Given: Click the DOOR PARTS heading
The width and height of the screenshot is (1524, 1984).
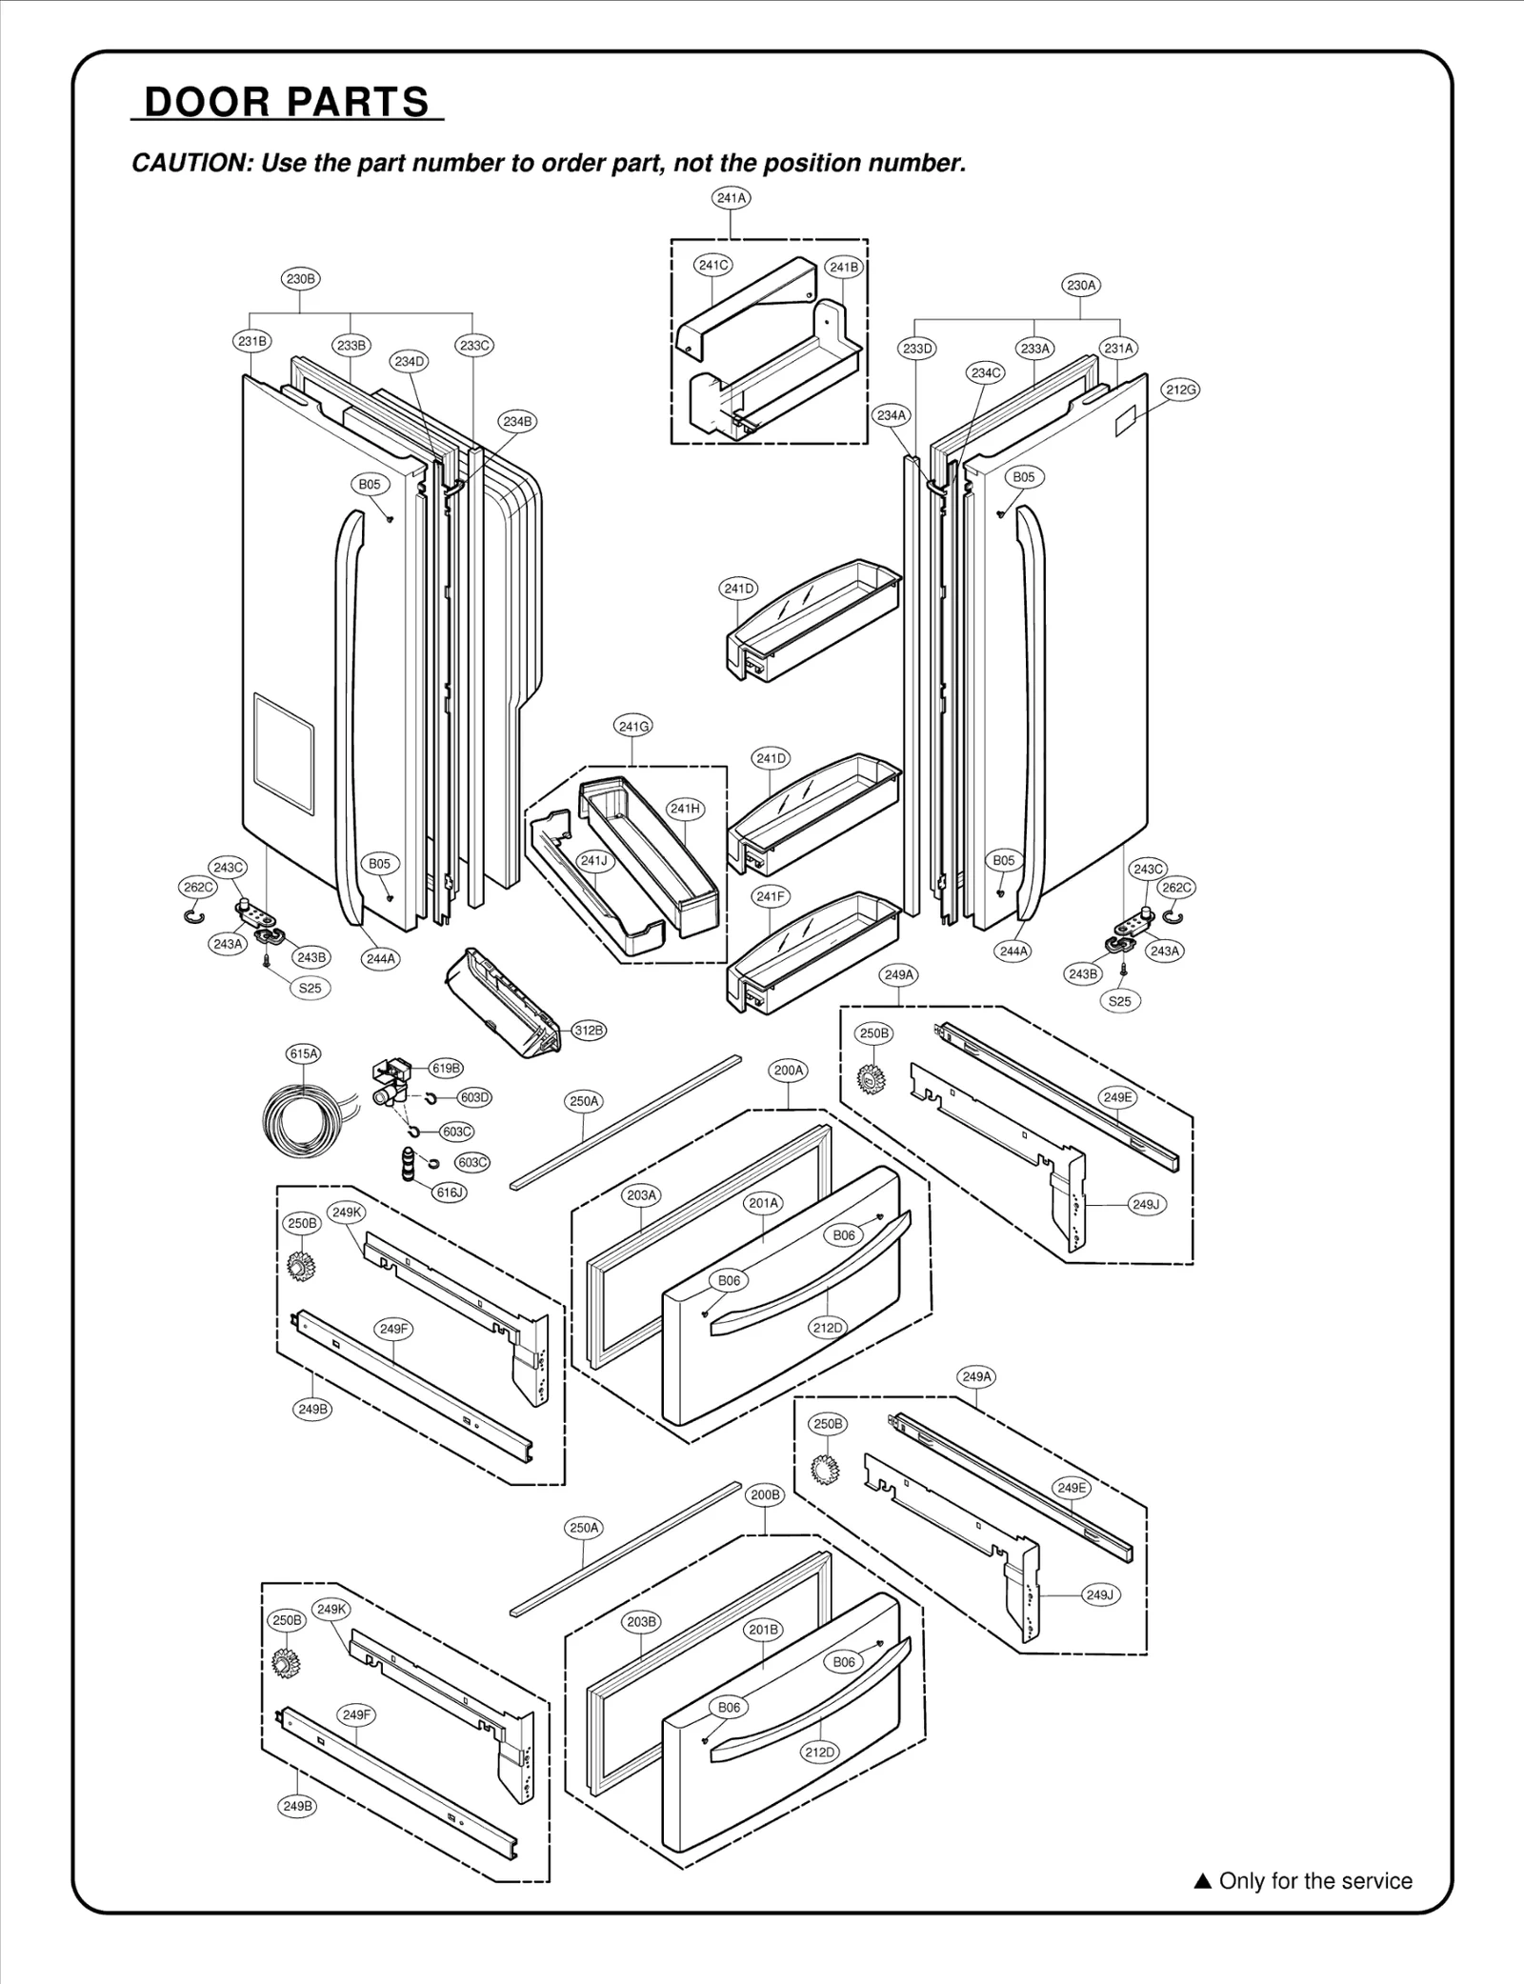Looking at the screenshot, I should pyautogui.click(x=287, y=102).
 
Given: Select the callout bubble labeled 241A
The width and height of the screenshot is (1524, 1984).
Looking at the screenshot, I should pyautogui.click(x=731, y=198).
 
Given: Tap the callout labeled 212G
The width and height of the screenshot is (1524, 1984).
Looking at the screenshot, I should pyautogui.click(x=1180, y=390).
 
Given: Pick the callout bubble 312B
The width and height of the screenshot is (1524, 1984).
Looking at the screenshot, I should pyautogui.click(x=589, y=1030).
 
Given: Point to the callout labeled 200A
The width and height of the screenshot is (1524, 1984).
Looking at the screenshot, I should pyautogui.click(x=789, y=1071).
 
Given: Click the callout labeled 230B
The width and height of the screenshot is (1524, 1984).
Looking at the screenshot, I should pyautogui.click(x=300, y=279).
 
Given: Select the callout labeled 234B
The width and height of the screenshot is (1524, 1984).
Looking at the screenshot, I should pyautogui.click(x=517, y=421).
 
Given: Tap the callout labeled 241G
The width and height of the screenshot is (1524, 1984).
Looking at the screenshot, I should pyautogui.click(x=634, y=727).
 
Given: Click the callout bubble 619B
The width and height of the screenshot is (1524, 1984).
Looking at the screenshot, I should pyautogui.click(x=446, y=1069).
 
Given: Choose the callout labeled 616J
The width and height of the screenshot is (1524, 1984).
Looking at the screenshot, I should pyautogui.click(x=450, y=1192).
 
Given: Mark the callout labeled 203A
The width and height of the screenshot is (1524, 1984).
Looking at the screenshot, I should pyautogui.click(x=642, y=1195).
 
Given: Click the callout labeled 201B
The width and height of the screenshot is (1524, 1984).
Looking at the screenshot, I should pyautogui.click(x=763, y=1630).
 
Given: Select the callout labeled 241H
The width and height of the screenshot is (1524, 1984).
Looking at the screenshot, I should pyautogui.click(x=685, y=809).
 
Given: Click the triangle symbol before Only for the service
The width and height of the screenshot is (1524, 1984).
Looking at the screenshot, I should pyautogui.click(x=1202, y=1881).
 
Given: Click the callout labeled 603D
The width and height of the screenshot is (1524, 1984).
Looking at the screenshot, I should pyautogui.click(x=473, y=1097).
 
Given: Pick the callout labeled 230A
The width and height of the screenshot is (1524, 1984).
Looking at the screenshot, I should pyautogui.click(x=1081, y=285).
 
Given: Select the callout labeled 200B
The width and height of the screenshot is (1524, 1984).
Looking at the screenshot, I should pyautogui.click(x=765, y=1494).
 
